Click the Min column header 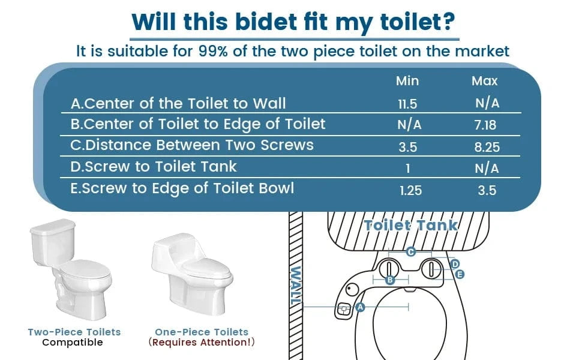(x=407, y=80)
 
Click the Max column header (x=484, y=80)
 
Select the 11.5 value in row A (x=407, y=104)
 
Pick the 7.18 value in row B (x=485, y=125)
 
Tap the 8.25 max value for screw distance (x=487, y=147)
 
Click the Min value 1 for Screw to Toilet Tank (x=408, y=169)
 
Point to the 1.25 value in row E (x=411, y=190)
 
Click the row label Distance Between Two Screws (x=192, y=145)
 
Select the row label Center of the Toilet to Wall (x=178, y=104)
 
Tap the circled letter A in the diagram (x=360, y=307)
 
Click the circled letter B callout (x=390, y=280)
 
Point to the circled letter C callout (x=410, y=252)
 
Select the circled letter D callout (x=455, y=264)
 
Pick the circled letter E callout (x=460, y=274)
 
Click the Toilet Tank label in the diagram (x=410, y=225)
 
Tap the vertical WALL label (x=295, y=286)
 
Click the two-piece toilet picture (x=71, y=269)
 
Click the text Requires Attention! (x=202, y=342)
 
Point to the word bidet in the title (x=266, y=22)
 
